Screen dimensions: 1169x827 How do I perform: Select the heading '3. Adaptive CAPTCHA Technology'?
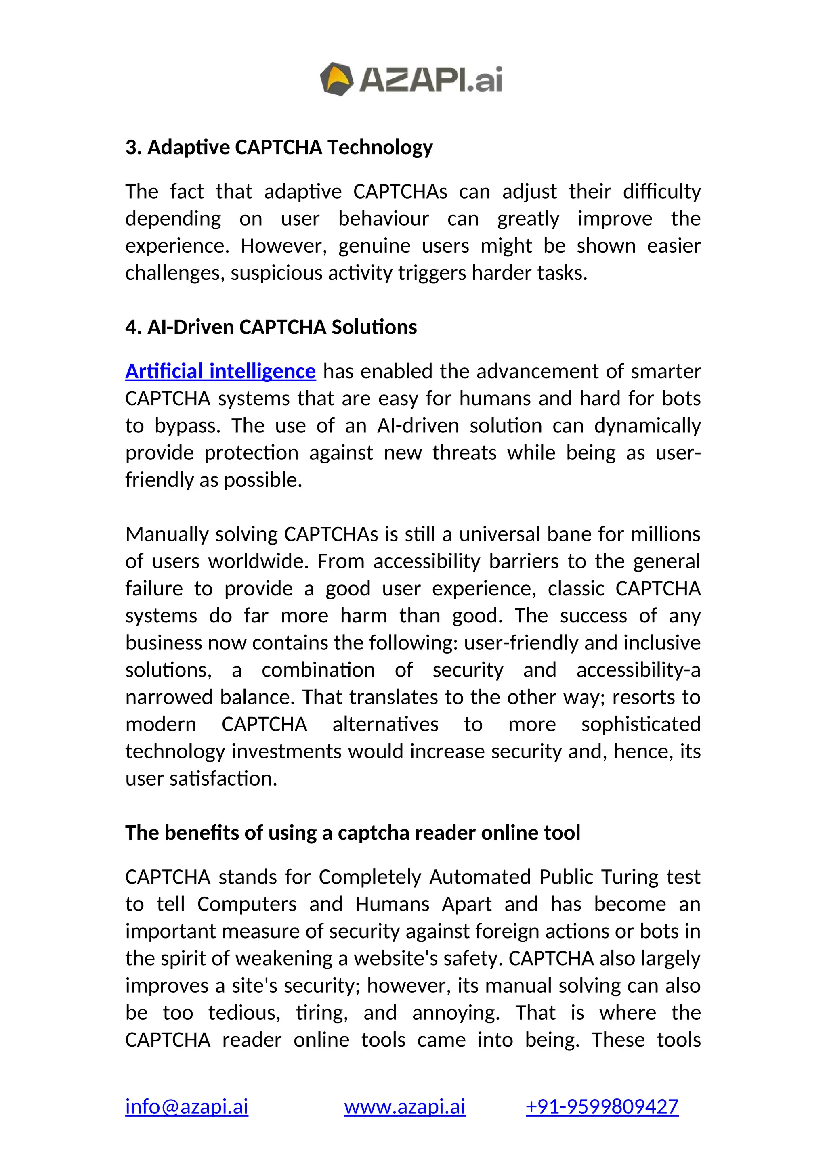point(279,147)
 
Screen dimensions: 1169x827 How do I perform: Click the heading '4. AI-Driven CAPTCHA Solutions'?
point(271,327)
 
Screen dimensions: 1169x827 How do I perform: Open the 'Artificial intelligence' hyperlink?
point(220,371)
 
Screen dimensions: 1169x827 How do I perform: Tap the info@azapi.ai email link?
point(187,1106)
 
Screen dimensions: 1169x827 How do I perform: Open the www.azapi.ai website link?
point(405,1106)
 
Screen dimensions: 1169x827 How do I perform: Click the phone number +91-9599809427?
point(602,1106)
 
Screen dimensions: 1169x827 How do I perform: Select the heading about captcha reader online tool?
point(353,832)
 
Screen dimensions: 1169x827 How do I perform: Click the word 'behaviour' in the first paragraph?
point(384,218)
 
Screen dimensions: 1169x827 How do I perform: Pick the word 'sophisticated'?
point(640,724)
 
